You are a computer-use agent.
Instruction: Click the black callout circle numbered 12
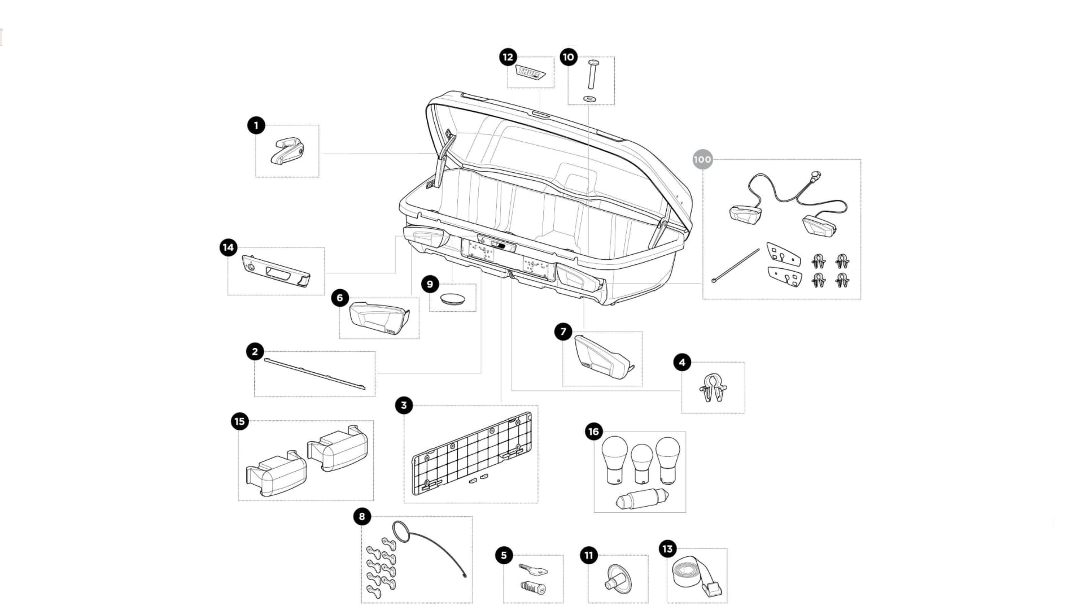tap(508, 57)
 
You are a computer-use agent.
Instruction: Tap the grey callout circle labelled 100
tap(702, 159)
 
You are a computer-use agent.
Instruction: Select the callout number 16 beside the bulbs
tap(593, 432)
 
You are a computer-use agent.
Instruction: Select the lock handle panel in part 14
tap(276, 271)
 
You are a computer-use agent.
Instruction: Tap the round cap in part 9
tap(453, 298)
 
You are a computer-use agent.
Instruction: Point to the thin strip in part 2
tap(314, 373)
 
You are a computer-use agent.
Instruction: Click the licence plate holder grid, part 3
tap(471, 453)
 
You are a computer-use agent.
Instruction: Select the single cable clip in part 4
tap(713, 388)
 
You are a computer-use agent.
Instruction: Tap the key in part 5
tap(532, 568)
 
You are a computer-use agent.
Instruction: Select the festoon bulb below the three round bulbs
tap(642, 499)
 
